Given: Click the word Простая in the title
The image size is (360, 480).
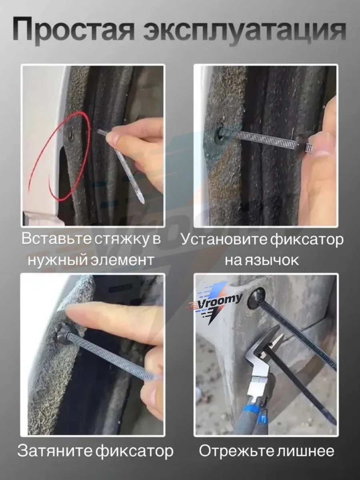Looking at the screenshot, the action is coord(73,29).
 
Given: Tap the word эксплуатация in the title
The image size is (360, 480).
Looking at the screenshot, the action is coord(245,31).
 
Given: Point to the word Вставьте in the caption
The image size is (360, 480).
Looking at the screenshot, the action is coord(56,238).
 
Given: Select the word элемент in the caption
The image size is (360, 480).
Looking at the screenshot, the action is coord(122,260).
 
